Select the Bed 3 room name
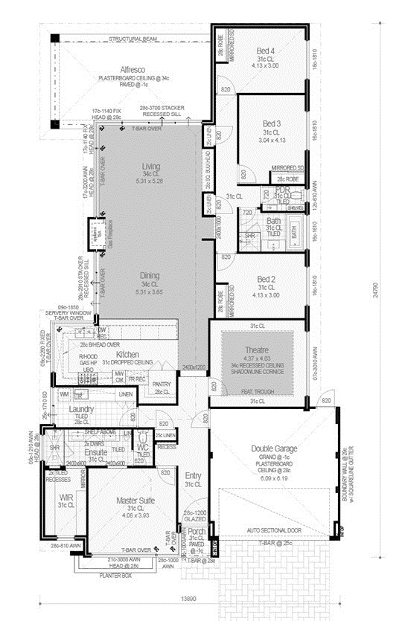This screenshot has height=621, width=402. coord(271,123)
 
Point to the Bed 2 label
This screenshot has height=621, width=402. coord(266,278)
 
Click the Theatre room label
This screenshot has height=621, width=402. coord(255,350)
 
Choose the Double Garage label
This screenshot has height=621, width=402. coord(275,449)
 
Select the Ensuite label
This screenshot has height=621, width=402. coord(97,451)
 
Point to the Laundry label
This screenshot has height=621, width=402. coord(80,409)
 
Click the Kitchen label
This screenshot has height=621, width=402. coord(129,354)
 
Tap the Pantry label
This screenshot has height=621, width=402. coord(162,384)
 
